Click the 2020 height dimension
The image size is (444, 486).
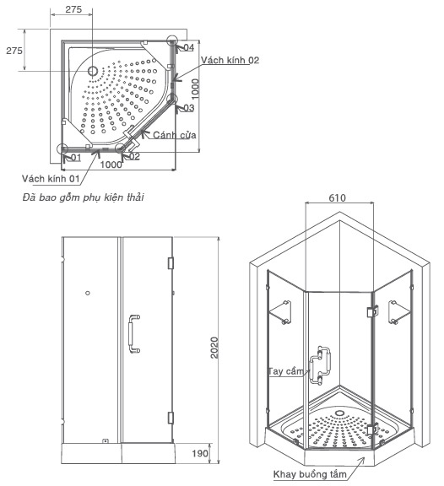click(x=214, y=348)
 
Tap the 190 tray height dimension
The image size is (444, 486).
click(x=200, y=453)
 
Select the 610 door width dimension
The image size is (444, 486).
click(x=337, y=197)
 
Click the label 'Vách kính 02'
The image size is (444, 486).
click(x=230, y=60)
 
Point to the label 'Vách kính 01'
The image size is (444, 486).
click(x=51, y=179)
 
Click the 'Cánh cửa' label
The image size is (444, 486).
click(x=175, y=135)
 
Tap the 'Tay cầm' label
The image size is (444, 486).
click(x=285, y=371)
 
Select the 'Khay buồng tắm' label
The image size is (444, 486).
click(x=310, y=474)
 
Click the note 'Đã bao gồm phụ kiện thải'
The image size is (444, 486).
click(x=83, y=197)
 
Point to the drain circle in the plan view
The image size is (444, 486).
click(x=93, y=71)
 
